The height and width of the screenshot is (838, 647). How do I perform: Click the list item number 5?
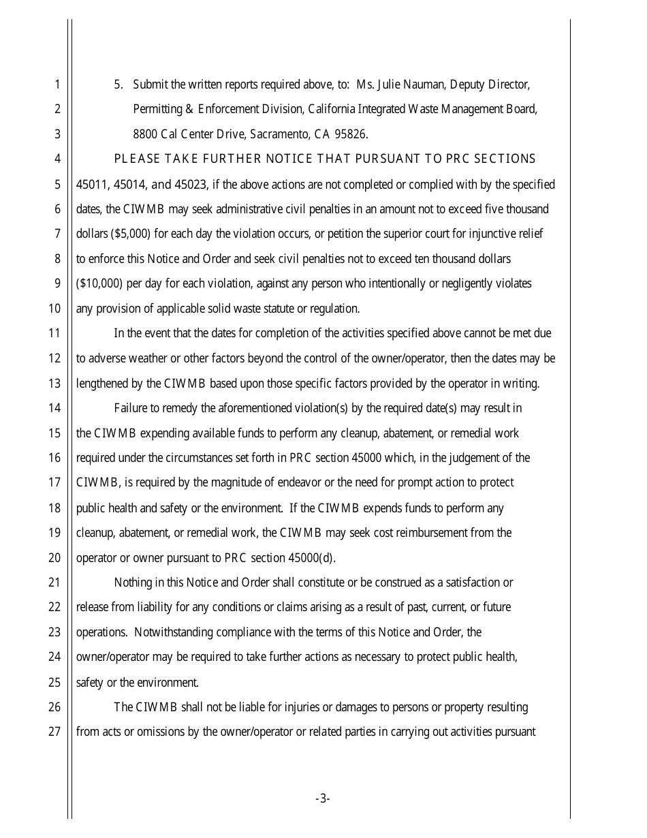(x=118, y=84)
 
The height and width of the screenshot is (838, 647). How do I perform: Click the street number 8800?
(x=145, y=134)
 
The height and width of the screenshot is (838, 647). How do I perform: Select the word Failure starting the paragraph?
(x=130, y=408)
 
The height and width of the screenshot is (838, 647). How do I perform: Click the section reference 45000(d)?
(x=312, y=557)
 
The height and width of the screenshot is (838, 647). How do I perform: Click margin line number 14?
(x=54, y=408)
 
